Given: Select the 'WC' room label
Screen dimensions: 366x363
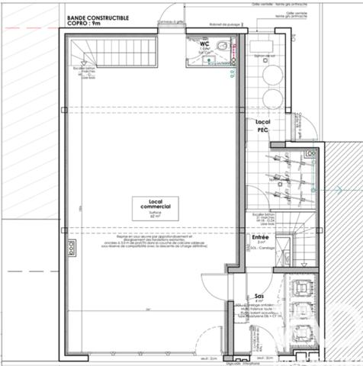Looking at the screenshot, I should coord(204,44).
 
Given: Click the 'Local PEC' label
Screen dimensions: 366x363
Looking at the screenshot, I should coord(263,126).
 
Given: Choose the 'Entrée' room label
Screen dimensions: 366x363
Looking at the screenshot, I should coord(261,237).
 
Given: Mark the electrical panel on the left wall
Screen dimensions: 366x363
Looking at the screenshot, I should coord(72,248).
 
